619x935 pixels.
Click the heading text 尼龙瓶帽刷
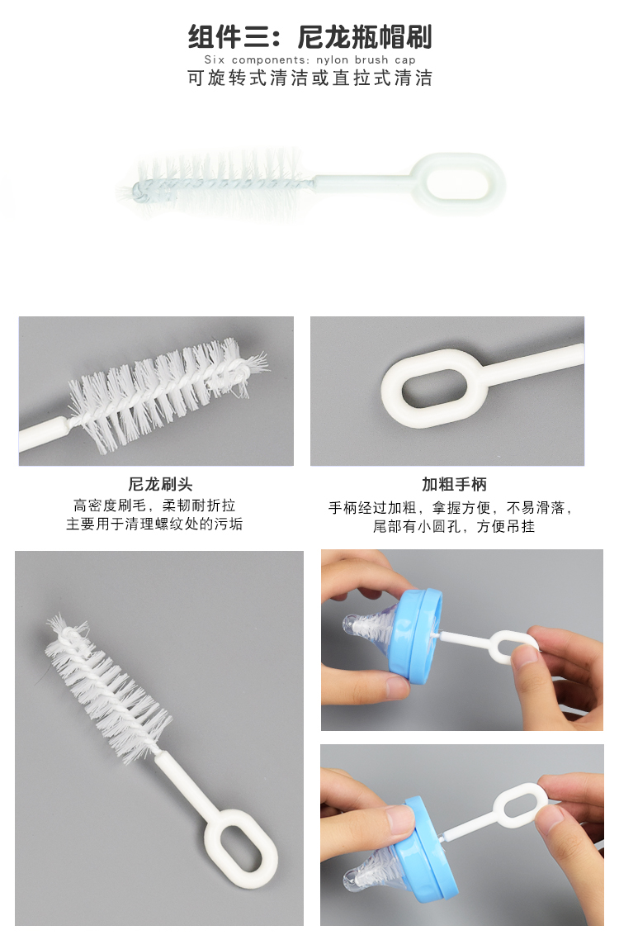coord(364,37)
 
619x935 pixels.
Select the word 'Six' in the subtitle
coord(215,59)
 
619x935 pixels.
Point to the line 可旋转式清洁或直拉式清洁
coord(309,78)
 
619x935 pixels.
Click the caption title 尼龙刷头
coord(160,484)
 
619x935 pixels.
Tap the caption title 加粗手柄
coord(454,484)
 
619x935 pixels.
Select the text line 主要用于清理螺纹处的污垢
coord(154,524)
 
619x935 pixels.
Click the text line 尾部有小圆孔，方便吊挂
coord(453,526)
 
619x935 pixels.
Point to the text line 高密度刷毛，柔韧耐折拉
coord(154,505)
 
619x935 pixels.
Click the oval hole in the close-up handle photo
coord(434,388)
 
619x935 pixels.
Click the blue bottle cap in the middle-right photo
coord(414,636)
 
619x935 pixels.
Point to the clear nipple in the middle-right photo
coord(370,625)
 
